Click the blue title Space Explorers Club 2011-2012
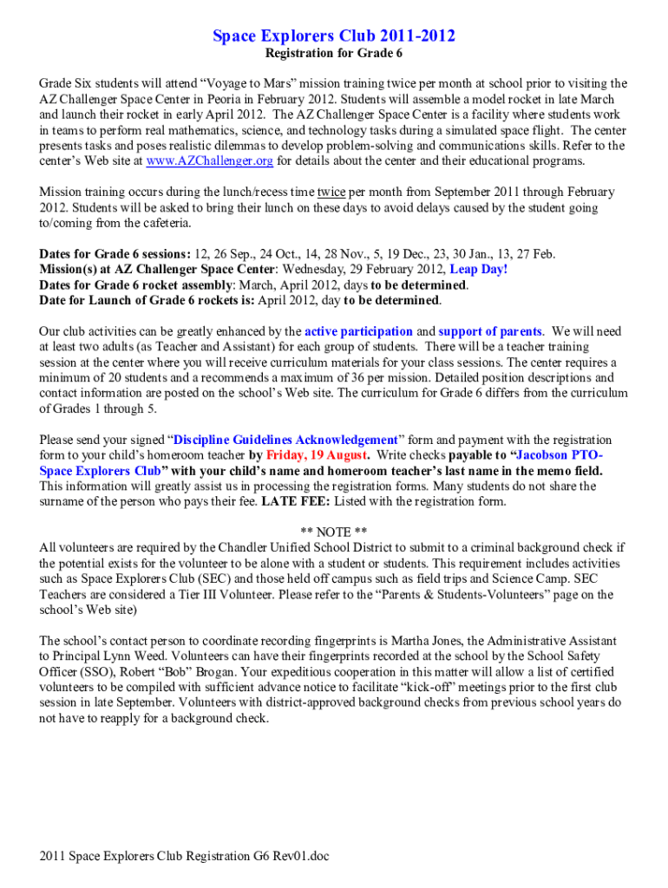pyautogui.click(x=334, y=36)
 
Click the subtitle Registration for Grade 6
pyautogui.click(x=334, y=54)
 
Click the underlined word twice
pyautogui.click(x=331, y=193)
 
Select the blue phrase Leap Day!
pyautogui.click(x=478, y=270)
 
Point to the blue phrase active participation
pyautogui.click(x=358, y=331)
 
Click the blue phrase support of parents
pyautogui.click(x=491, y=331)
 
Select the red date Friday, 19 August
pyautogui.click(x=318, y=455)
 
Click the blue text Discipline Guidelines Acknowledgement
pyautogui.click(x=285, y=440)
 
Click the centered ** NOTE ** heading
pyautogui.click(x=334, y=532)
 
